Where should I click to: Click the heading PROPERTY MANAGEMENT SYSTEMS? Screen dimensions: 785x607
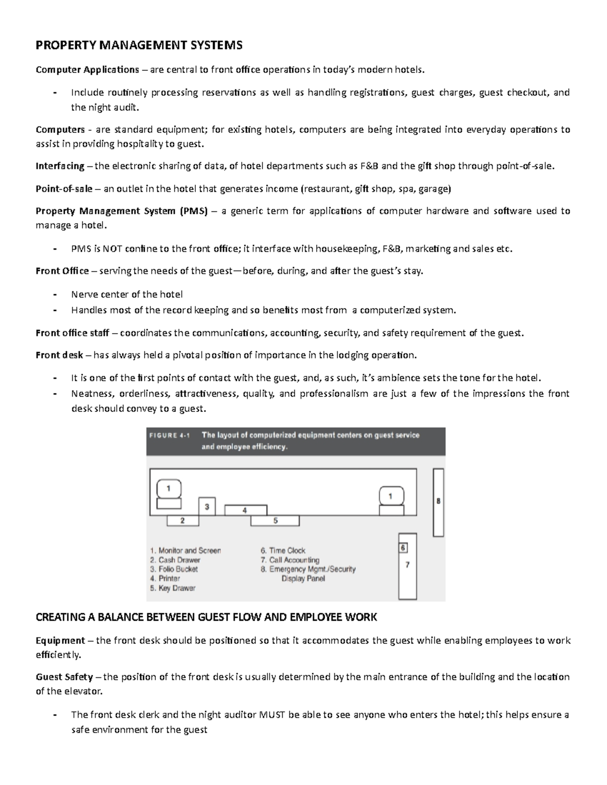(x=139, y=46)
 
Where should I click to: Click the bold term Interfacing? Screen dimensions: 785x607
(x=60, y=166)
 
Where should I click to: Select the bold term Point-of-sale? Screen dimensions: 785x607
(x=64, y=189)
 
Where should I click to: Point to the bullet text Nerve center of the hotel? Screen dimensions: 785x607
(x=126, y=294)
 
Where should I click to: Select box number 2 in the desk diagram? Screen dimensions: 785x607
(x=183, y=521)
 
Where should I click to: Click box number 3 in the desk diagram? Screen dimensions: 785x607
(x=206, y=506)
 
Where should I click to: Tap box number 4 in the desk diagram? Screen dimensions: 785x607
(x=245, y=510)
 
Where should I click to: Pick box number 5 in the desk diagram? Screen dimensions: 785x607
(x=275, y=521)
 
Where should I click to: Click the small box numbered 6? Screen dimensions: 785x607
(x=403, y=548)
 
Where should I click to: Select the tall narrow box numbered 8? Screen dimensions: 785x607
(x=438, y=502)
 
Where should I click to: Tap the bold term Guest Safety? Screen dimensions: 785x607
(x=64, y=677)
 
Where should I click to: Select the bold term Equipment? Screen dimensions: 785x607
(x=60, y=641)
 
